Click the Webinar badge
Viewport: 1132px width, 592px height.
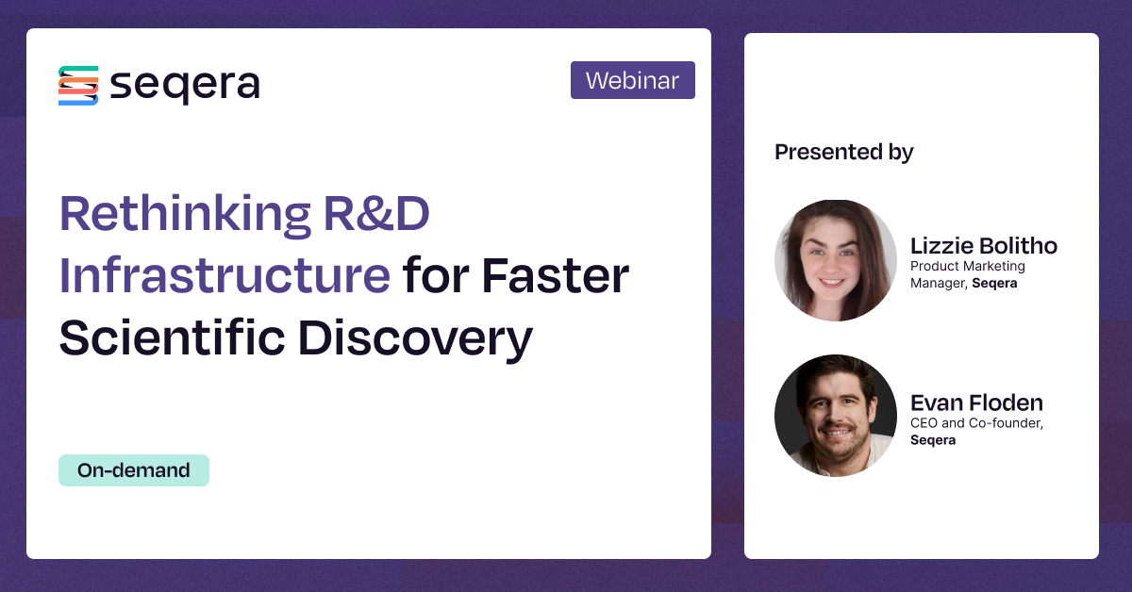tap(633, 80)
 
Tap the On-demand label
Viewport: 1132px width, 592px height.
tap(134, 470)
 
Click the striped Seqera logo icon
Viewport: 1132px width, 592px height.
tap(78, 86)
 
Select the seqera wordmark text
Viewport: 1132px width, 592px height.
tap(185, 86)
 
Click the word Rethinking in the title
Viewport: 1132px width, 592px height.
tap(186, 214)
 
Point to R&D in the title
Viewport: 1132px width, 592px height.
tap(376, 213)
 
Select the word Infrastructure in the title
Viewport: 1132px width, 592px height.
tap(225, 275)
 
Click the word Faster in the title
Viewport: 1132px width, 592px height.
tap(556, 275)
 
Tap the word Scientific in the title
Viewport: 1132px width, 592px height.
tap(173, 337)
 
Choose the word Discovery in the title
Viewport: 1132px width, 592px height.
tap(415, 339)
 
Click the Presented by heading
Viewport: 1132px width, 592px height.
tap(844, 153)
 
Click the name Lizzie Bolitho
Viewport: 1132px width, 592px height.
tap(983, 246)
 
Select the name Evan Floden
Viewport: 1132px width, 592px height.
tap(976, 403)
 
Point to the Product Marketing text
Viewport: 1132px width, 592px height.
tap(968, 266)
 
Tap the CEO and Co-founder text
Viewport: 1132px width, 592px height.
tap(977, 423)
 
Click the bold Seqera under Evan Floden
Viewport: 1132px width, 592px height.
tap(933, 440)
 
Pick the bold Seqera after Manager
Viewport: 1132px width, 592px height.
tap(994, 284)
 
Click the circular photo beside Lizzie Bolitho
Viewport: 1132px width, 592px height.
tap(836, 260)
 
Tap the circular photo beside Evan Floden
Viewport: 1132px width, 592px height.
tap(836, 415)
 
